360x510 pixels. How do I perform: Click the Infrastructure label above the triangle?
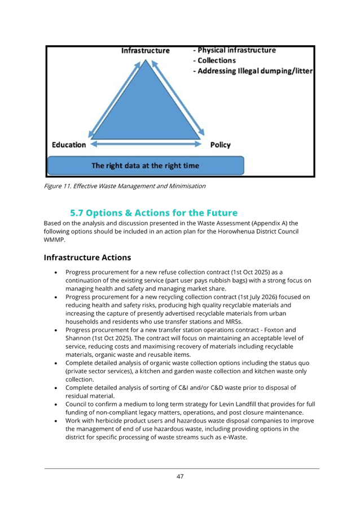point(145,51)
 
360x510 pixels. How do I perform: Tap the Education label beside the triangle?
point(69,145)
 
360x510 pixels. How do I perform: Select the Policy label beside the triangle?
point(220,145)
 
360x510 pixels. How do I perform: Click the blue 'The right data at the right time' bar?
point(146,165)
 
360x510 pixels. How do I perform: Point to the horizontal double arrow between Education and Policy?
point(146,144)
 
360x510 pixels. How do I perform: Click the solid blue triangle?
point(146,107)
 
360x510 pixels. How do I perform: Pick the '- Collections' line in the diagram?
point(214,60)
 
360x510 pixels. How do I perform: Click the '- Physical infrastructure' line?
point(234,50)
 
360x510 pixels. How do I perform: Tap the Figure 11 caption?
point(125,186)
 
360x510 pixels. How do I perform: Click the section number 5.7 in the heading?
point(77,213)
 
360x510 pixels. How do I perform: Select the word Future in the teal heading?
point(222,213)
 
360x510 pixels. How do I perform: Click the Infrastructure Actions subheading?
point(87,258)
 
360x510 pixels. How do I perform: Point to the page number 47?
point(180,477)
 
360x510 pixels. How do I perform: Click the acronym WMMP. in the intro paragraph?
point(55,239)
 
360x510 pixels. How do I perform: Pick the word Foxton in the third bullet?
point(274,330)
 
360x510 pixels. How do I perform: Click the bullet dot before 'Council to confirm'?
point(56,404)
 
